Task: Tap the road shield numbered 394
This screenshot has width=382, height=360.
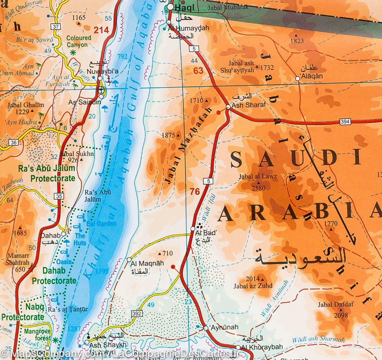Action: (x=345, y=122)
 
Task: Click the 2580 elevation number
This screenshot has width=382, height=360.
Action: (x=258, y=188)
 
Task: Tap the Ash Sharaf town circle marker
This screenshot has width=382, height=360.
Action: (x=228, y=107)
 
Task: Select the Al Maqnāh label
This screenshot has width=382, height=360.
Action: (x=143, y=263)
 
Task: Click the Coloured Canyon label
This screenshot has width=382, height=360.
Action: (x=79, y=41)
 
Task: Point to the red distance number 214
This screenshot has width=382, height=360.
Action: (x=101, y=30)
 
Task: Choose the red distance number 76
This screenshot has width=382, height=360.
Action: (x=195, y=191)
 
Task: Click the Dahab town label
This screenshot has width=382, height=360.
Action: (x=51, y=236)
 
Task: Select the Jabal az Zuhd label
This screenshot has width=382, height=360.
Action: (x=253, y=286)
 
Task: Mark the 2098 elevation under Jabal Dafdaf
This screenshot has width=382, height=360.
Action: (x=341, y=315)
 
